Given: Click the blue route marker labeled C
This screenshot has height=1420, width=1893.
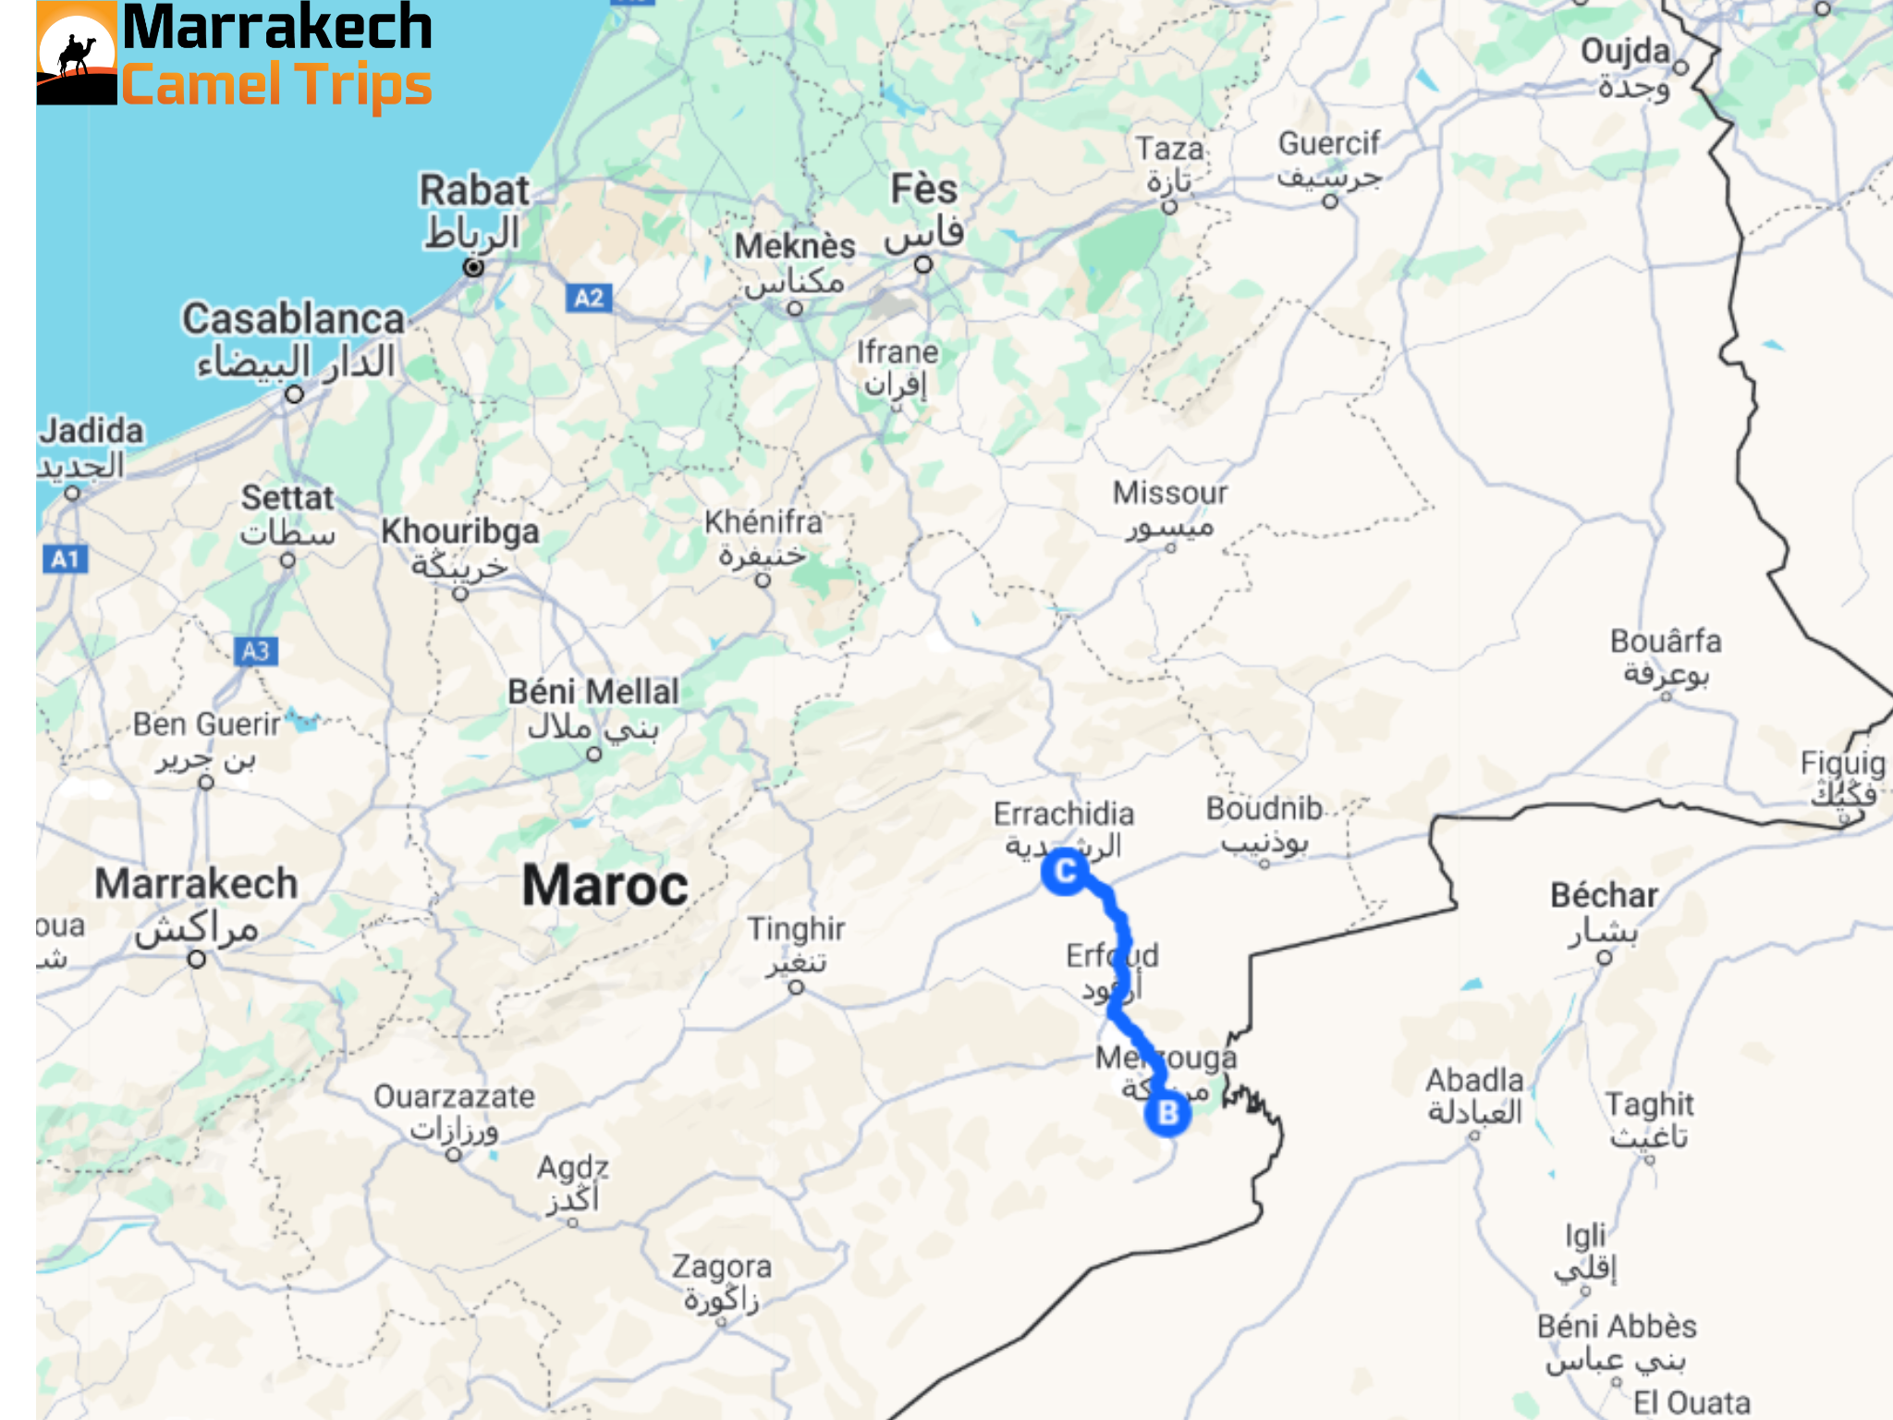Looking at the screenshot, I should pos(1065,871).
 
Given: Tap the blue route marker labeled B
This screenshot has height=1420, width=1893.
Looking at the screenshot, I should pos(1167,1112).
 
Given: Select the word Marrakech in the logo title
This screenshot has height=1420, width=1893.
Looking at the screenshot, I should pos(277,28).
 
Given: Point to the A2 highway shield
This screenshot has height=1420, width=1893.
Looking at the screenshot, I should pos(589,298).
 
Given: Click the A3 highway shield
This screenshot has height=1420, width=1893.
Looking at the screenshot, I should pos(256,651).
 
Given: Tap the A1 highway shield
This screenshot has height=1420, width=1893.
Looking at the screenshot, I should pos(66,558).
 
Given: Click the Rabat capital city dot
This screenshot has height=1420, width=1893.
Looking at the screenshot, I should pos(473,267).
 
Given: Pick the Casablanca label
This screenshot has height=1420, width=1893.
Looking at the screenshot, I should pos(294,319).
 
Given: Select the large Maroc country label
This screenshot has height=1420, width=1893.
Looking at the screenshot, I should pos(605,885).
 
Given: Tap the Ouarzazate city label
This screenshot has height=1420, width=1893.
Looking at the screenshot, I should pos(454,1097).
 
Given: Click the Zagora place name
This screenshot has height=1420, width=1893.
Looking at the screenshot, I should pos(722,1267).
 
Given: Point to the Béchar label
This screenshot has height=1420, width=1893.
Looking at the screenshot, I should pos(1605,895).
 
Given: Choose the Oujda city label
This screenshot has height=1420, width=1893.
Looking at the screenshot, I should pos(1626,52).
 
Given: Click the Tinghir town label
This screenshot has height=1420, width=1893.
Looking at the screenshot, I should pos(796,929).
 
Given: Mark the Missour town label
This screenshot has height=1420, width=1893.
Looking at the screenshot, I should pos(1170,493).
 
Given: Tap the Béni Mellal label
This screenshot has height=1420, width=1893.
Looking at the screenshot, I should pos(593,692).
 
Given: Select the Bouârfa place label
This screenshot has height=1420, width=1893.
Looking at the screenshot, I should pos(1666,641).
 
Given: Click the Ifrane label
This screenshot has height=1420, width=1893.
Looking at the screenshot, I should pos(897,352).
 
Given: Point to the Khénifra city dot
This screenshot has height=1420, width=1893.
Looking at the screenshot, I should pos(763,581).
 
